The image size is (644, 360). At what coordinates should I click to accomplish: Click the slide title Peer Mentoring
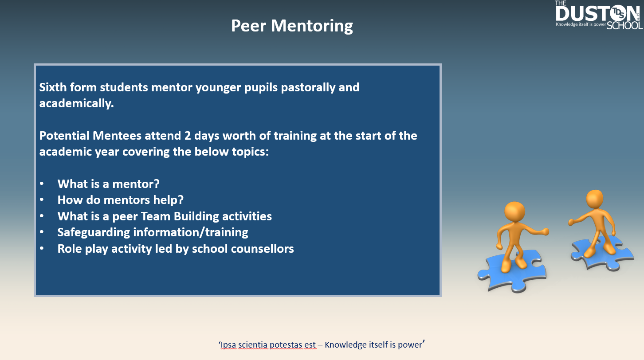pos(292,26)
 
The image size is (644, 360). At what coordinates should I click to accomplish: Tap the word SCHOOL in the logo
pos(625,25)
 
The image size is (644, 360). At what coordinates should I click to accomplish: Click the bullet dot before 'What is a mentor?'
pos(42,184)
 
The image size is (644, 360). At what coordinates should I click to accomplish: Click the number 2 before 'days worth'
pos(188,136)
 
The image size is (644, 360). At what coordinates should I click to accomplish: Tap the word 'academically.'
pos(76,103)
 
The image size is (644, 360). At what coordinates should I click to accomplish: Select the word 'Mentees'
pos(117,136)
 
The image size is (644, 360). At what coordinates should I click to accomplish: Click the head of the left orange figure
pos(514,212)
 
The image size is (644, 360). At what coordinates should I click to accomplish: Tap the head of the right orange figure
pos(595,199)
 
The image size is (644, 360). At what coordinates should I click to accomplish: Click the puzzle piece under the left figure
pos(512,271)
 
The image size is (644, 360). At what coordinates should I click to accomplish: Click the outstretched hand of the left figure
pos(544,231)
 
